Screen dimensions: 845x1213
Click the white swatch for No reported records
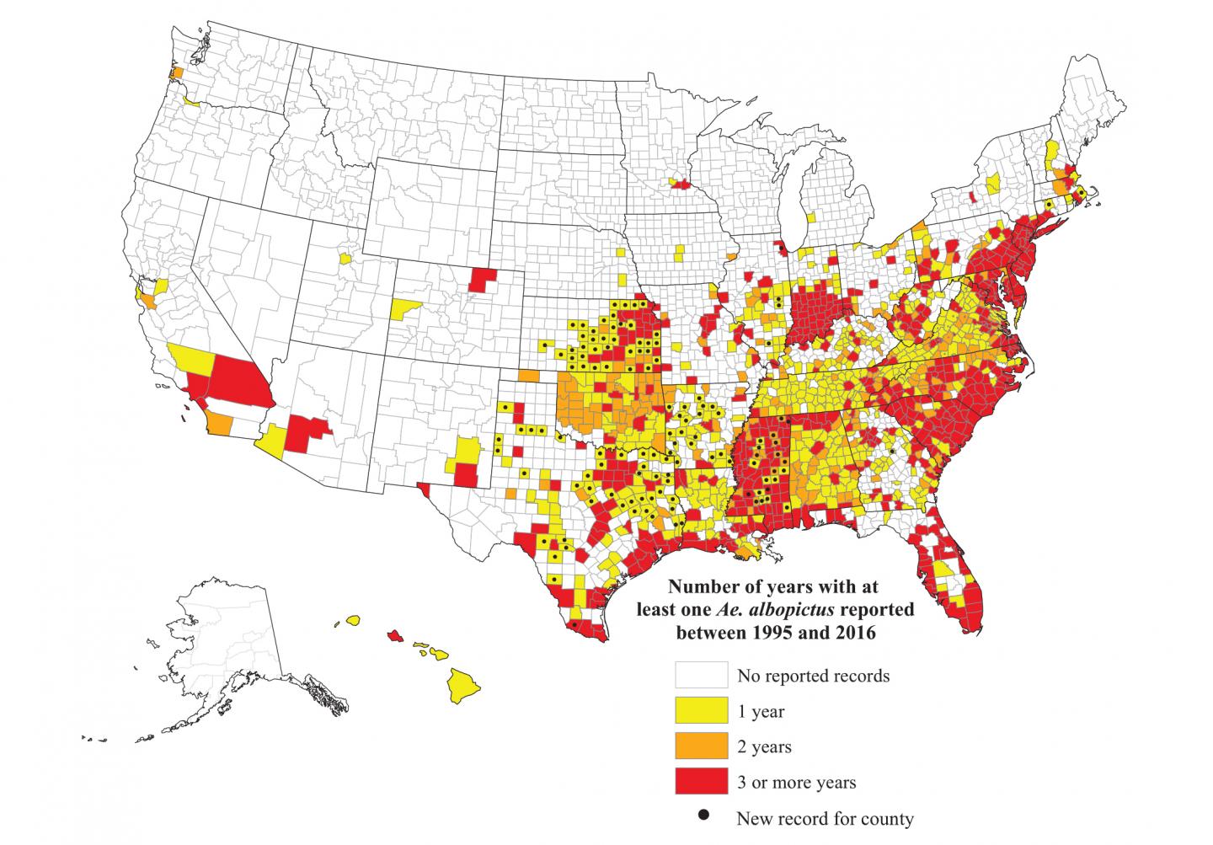[x=701, y=675]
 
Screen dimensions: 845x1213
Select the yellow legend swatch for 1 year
[x=701, y=710]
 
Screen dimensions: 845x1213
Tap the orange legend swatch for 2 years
[x=701, y=746]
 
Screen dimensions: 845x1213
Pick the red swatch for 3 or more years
[x=701, y=781]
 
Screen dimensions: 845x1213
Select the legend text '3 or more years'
[x=796, y=782]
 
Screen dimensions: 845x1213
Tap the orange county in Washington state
[x=176, y=73]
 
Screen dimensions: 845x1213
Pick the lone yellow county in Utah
[x=345, y=256]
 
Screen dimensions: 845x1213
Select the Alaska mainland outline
[x=227, y=640]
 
